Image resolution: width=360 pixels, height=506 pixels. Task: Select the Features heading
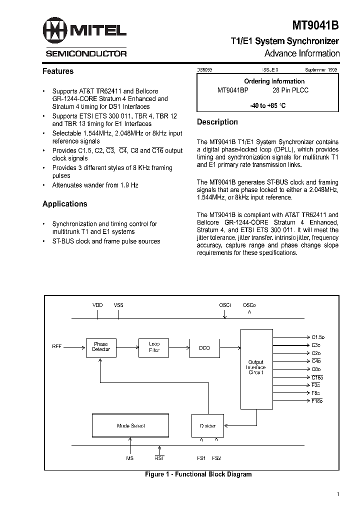click(58, 71)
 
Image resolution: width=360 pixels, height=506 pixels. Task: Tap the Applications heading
click(64, 204)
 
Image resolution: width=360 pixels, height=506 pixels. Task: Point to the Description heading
click(217, 122)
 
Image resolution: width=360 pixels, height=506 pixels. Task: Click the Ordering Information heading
click(274, 81)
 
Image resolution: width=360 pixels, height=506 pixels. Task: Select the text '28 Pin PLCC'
click(290, 90)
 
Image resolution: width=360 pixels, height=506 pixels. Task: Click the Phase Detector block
click(100, 346)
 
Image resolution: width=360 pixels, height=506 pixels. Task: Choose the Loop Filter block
click(154, 346)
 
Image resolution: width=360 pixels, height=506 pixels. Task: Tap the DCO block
click(204, 347)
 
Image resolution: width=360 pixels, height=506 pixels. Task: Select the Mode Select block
click(130, 426)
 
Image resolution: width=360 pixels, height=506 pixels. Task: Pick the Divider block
click(207, 426)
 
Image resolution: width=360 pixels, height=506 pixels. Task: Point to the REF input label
click(56, 346)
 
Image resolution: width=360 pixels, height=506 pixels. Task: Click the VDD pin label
click(97, 304)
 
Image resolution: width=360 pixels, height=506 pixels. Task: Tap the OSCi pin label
click(225, 304)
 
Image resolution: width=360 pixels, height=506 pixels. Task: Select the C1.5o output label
click(318, 337)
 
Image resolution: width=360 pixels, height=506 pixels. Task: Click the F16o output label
click(317, 401)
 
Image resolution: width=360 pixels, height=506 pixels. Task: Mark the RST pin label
click(159, 457)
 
